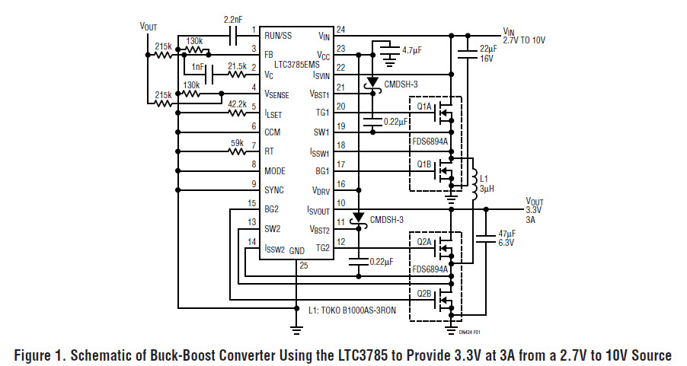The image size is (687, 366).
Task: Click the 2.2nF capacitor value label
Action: tap(235, 18)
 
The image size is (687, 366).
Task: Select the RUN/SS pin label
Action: tap(278, 35)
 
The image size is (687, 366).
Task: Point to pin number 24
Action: tap(340, 30)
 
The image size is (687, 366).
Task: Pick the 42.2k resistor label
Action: tap(237, 104)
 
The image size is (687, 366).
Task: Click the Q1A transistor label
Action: tap(424, 107)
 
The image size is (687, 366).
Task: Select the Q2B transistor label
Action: tap(424, 293)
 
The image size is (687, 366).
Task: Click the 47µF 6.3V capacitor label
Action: tap(506, 237)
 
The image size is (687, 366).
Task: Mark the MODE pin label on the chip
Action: tap(276, 171)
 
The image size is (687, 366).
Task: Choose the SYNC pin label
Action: tap(275, 190)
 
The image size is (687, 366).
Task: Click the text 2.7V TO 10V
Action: tap(525, 40)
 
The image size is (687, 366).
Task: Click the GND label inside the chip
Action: tap(296, 250)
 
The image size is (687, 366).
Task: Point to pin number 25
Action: tap(305, 266)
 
